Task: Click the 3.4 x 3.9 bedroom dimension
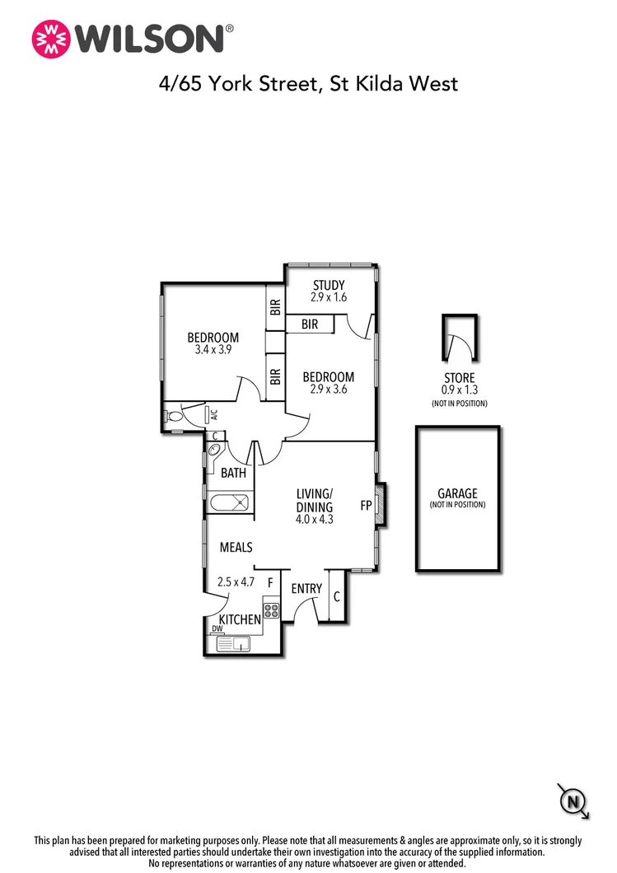click(x=213, y=349)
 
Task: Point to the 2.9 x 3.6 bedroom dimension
click(x=327, y=390)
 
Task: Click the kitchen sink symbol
click(x=238, y=644)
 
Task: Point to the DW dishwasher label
click(x=217, y=628)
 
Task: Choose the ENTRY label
click(x=306, y=589)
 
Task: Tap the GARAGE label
click(x=457, y=493)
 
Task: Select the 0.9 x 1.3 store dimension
click(x=459, y=390)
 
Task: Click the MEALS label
click(x=236, y=547)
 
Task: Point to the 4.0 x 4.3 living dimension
click(x=314, y=520)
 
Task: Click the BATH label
click(x=233, y=473)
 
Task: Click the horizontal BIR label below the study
click(x=309, y=324)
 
